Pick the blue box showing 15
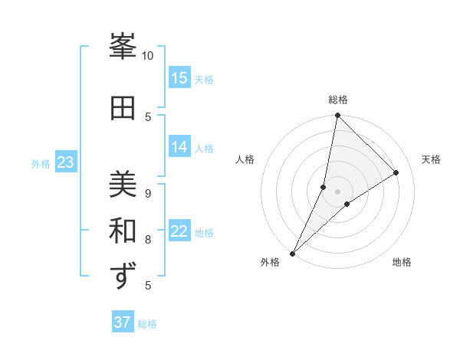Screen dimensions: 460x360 (179, 78)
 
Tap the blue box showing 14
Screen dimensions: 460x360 (179, 147)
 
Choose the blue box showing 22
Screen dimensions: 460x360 (179, 231)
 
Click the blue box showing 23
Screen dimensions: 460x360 (65, 162)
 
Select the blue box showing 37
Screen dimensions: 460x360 (123, 322)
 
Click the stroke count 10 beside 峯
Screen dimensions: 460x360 (147, 55)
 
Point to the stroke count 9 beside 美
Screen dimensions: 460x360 (148, 193)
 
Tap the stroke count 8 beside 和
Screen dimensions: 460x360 (148, 239)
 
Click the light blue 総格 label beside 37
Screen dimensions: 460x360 (147, 324)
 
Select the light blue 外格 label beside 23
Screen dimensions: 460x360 (41, 163)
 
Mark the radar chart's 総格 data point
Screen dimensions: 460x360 (337, 115)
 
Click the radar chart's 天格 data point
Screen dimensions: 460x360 (396, 172)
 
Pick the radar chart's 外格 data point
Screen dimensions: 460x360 (292, 253)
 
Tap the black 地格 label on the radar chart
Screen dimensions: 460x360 (402, 262)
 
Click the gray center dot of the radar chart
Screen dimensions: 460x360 (337, 191)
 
